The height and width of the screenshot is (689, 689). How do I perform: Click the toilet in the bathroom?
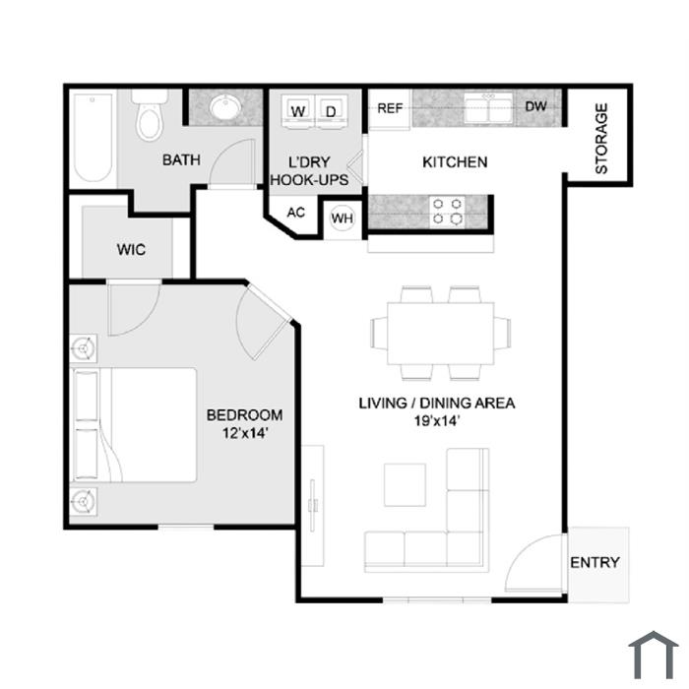click(x=150, y=115)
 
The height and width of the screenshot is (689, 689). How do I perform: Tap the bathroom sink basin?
click(x=225, y=107)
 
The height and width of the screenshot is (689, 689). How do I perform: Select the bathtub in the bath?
click(x=93, y=137)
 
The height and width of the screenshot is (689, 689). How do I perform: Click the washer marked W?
click(x=298, y=111)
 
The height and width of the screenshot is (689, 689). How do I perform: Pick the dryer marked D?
click(x=332, y=111)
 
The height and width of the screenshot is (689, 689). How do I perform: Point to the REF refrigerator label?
click(x=390, y=108)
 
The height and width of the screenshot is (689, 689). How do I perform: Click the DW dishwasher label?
click(x=536, y=106)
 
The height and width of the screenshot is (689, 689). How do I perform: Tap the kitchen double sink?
click(x=488, y=108)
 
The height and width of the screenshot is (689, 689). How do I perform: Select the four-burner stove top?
click(x=447, y=212)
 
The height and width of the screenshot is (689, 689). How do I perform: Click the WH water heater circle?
click(x=343, y=218)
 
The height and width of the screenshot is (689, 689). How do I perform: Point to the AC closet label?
click(x=295, y=213)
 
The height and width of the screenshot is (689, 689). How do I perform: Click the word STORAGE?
click(x=601, y=139)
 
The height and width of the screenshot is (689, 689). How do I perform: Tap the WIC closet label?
click(x=131, y=250)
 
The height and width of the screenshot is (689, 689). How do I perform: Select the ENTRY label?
click(x=595, y=562)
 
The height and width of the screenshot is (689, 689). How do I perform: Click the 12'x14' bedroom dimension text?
click(x=245, y=433)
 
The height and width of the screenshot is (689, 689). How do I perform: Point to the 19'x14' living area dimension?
click(x=437, y=421)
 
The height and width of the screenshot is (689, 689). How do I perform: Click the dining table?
click(x=441, y=333)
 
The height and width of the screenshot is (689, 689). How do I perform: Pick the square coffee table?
click(x=405, y=484)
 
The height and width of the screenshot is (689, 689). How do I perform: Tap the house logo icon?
click(x=654, y=655)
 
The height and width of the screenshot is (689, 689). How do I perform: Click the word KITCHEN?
click(x=455, y=162)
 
